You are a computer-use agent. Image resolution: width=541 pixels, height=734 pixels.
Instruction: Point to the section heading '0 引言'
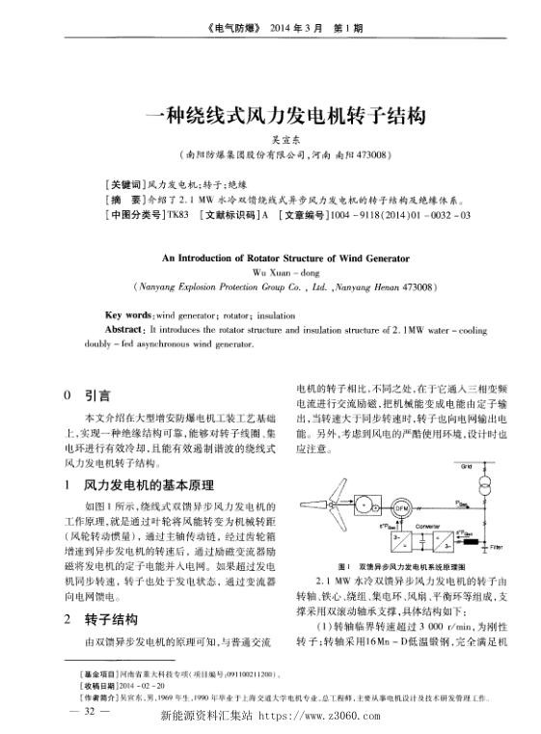pos(85,395)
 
